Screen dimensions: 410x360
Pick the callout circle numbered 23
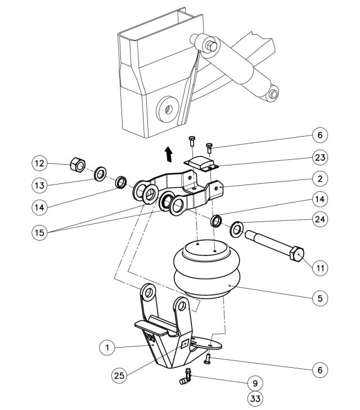click(x=319, y=157)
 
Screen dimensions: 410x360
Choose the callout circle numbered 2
click(x=319, y=178)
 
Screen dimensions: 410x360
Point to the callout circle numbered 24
click(x=319, y=220)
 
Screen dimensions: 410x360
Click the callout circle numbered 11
click(x=319, y=267)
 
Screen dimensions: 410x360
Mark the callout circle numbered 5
click(x=319, y=298)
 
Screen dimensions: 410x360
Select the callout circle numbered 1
click(x=106, y=348)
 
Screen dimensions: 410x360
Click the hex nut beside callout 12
click(x=77, y=165)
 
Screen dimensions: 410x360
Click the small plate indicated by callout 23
click(x=202, y=164)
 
